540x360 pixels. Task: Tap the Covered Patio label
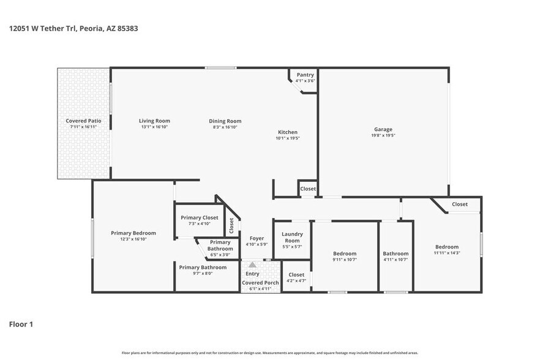[x=83, y=121]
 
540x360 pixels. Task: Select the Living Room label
[x=154, y=121]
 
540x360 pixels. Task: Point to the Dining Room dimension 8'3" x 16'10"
[x=225, y=127]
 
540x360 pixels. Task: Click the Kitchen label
[x=288, y=132]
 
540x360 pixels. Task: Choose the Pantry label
[x=305, y=75]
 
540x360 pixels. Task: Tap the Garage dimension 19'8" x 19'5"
[x=383, y=135]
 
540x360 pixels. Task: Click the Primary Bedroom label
[x=133, y=233]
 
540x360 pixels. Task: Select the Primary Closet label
[x=200, y=217]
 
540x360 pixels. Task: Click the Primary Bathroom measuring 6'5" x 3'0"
[x=220, y=246]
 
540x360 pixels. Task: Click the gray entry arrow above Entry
[x=252, y=264]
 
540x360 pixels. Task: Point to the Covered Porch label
[x=260, y=282]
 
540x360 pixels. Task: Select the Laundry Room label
[x=292, y=237]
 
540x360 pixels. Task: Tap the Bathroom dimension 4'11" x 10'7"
[x=396, y=260]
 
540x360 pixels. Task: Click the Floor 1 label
[x=21, y=324]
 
